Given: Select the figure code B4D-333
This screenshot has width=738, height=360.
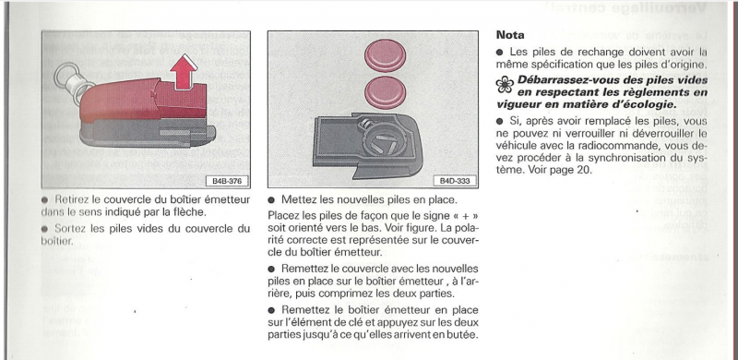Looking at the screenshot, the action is [455, 182].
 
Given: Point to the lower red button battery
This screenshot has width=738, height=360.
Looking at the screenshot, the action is [385, 92].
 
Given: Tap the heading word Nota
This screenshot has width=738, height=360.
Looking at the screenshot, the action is [510, 35].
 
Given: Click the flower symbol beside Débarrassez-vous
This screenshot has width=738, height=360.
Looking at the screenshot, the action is [505, 84].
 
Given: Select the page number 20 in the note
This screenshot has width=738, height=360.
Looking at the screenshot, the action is [583, 170].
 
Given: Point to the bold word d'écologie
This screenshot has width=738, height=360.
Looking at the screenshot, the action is [649, 104].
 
